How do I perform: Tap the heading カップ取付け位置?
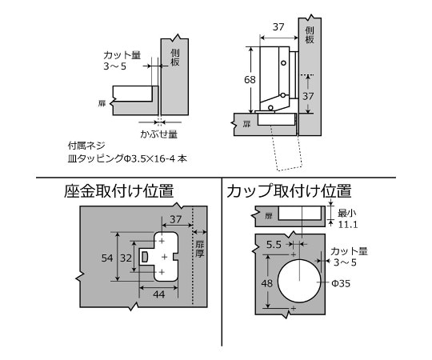click(288, 191)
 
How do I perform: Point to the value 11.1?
click(346, 226)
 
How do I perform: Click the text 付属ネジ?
click(87, 146)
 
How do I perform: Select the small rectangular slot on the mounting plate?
click(145, 255)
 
